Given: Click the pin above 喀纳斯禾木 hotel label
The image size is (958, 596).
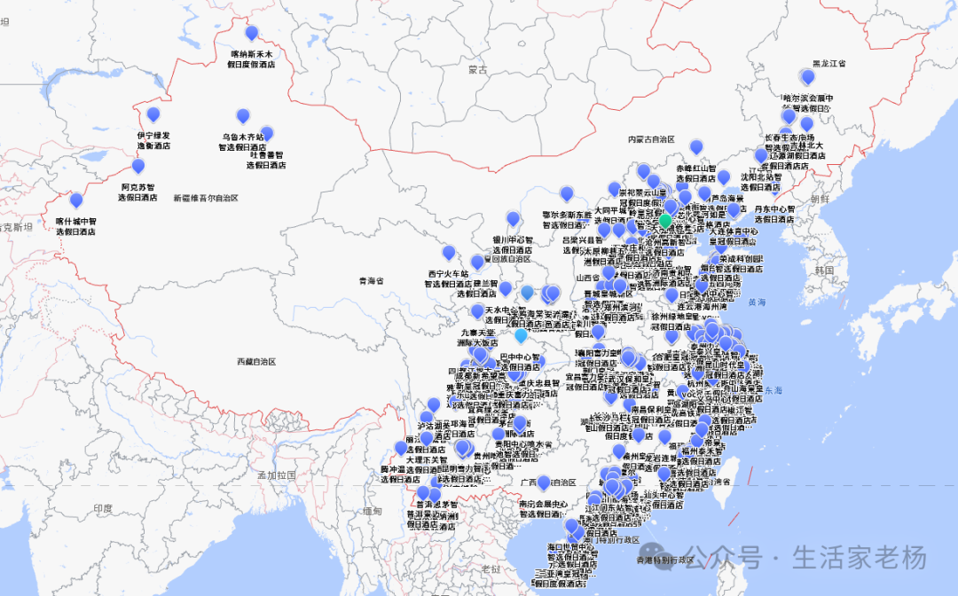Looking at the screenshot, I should coord(251,34).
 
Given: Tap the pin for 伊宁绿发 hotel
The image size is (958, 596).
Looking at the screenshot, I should coord(153,114).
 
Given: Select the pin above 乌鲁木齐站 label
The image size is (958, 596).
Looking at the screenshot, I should coord(243,116).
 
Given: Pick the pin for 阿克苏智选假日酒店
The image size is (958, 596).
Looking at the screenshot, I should coord(138,166).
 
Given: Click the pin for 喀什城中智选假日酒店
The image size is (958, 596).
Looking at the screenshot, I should coord(76,200).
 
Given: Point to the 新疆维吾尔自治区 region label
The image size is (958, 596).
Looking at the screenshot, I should coord(206,198).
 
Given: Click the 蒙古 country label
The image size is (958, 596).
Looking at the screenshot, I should coord(478,69).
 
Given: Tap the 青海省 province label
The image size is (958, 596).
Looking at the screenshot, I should coord(371,281).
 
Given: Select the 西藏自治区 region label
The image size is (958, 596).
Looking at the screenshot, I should coord(256,362).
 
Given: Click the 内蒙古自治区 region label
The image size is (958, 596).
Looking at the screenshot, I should coord(651,139).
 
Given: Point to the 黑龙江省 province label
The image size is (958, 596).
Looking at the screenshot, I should coord(829,64).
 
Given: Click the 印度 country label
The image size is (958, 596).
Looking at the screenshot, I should coord(103,508).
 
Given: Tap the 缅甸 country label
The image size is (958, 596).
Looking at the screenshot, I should coord(372,511).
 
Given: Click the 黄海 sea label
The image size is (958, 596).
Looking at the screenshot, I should coord(756,302).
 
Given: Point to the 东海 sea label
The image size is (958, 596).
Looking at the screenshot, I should coord(773,389).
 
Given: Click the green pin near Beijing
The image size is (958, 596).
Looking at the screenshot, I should coord(665,220).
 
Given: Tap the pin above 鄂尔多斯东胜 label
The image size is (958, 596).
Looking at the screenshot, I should coord(567,193).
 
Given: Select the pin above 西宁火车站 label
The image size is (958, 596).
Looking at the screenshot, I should coord(449,253).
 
